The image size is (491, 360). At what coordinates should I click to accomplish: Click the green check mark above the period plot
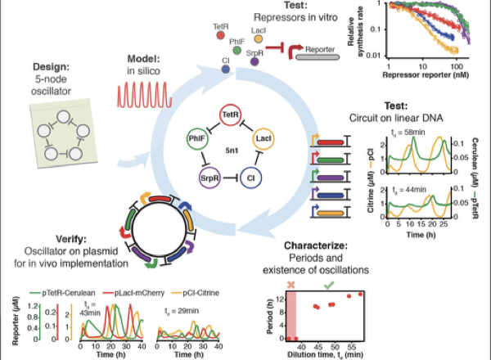328,286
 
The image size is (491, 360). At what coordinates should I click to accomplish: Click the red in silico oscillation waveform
146,96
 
